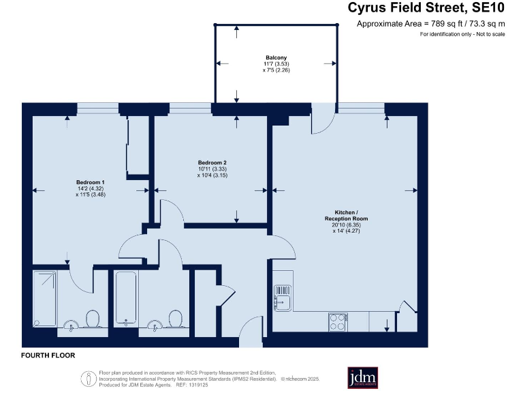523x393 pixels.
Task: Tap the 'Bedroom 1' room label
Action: click(x=90, y=182)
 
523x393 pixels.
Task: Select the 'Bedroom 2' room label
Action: click(x=212, y=162)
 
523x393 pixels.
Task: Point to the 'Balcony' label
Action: click(x=276, y=57)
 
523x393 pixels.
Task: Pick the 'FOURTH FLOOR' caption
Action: click(x=48, y=355)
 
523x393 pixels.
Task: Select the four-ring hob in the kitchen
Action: click(x=338, y=320)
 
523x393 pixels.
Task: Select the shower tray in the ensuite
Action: click(x=46, y=297)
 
